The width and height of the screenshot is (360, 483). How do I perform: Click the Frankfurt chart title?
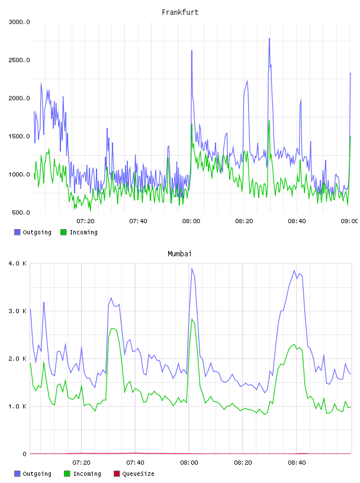(x=180, y=12)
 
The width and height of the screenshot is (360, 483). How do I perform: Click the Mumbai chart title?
(x=179, y=254)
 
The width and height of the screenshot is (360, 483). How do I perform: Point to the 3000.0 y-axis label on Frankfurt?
(x=19, y=22)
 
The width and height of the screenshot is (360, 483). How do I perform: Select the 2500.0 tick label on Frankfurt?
(x=19, y=60)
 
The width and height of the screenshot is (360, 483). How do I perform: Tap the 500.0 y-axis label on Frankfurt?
(x=21, y=212)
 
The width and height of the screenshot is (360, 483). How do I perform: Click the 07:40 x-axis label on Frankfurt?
(x=138, y=221)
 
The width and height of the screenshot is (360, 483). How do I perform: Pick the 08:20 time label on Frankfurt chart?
(x=244, y=221)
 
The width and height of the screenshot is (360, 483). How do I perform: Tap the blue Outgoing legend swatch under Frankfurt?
(x=17, y=232)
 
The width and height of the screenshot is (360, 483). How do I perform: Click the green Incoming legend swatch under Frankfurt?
(x=63, y=232)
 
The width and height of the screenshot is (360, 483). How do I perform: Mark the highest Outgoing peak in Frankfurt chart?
(x=269, y=38)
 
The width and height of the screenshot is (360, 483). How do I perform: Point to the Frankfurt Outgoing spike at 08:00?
(x=192, y=51)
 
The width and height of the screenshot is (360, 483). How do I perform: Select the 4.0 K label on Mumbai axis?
(x=18, y=263)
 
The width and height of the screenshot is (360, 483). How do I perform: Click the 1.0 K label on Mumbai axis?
(x=18, y=406)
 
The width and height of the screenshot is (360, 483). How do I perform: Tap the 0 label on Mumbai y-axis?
(x=24, y=454)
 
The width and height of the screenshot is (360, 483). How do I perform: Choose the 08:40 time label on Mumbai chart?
(x=297, y=462)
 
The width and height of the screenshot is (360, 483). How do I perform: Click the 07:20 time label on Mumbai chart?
(x=81, y=462)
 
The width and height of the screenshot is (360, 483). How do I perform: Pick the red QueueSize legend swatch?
(x=117, y=474)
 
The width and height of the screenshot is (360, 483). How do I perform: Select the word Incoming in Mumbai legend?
(x=87, y=474)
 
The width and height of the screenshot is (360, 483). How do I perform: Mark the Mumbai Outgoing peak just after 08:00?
(x=192, y=268)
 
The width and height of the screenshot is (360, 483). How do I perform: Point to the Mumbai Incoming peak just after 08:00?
(x=192, y=319)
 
